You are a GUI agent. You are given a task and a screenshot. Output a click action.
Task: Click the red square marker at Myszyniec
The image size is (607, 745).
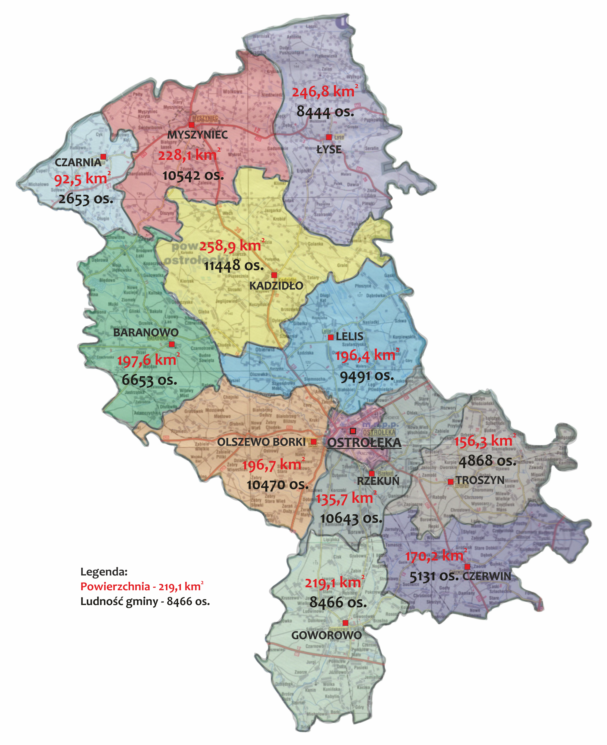(x=191, y=125)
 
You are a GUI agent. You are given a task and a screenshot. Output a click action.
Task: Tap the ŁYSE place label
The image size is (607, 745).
(x=329, y=150)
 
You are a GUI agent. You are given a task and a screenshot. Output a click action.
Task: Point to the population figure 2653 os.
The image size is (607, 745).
(x=86, y=199)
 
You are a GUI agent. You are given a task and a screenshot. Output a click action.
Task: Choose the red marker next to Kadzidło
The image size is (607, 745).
(x=274, y=275)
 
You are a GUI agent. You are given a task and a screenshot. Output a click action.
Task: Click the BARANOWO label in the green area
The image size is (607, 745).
(x=146, y=333)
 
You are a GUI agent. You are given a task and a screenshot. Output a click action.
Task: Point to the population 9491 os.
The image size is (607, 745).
(x=367, y=376)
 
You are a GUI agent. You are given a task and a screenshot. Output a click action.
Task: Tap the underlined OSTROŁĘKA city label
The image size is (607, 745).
(x=364, y=442)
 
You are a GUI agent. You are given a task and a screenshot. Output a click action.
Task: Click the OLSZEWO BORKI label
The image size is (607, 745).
(x=261, y=442)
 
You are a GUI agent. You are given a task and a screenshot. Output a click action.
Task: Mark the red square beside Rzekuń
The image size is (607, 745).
(x=372, y=473)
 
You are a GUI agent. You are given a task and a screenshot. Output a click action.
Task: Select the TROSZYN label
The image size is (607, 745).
(x=480, y=480)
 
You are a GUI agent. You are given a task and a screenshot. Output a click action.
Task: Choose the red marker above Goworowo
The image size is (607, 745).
(x=345, y=623)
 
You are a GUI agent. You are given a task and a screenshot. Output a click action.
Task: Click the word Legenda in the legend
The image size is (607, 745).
(x=104, y=572)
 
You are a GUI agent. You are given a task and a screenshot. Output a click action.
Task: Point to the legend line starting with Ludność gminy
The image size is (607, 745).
(x=145, y=601)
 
